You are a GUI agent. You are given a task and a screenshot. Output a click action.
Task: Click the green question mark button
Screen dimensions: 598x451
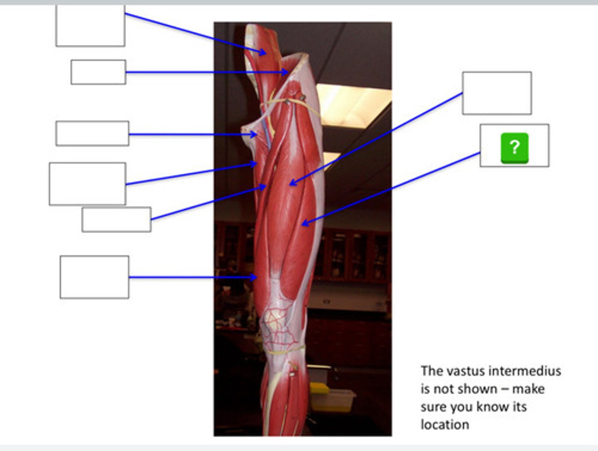(x=515, y=148)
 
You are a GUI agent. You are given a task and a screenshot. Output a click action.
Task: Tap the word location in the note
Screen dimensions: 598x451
(x=445, y=424)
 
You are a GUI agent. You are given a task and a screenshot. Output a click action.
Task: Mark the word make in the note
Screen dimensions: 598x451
(x=528, y=389)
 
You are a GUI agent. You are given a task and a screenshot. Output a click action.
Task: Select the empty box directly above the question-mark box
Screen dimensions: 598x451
(x=497, y=93)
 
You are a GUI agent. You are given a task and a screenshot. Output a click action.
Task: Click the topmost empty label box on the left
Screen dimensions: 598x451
(x=90, y=26)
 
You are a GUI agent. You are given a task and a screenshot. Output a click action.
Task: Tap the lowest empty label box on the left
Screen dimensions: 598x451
(x=94, y=277)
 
